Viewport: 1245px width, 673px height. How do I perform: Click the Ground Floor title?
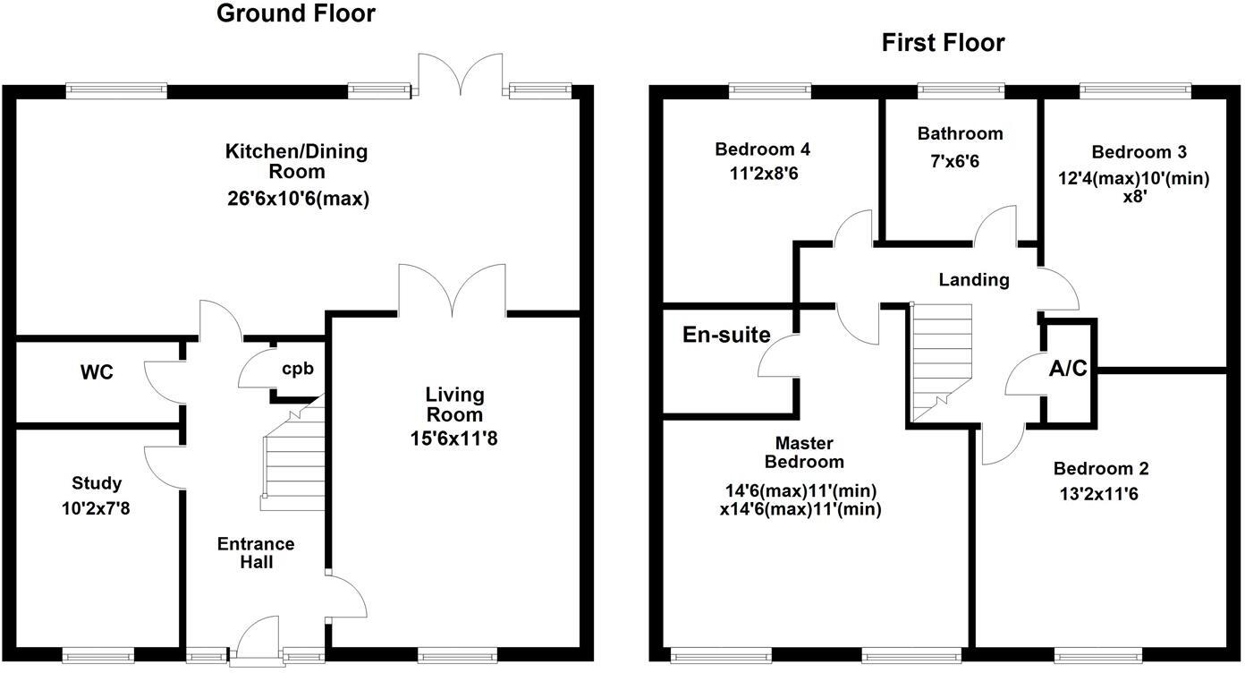[296, 14]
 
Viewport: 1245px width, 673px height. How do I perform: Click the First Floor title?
[943, 43]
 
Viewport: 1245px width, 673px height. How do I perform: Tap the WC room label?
[97, 372]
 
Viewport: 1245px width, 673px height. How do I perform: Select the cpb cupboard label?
[298, 368]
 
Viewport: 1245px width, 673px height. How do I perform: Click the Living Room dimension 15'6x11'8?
[454, 439]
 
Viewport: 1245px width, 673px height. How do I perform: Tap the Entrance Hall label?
[256, 552]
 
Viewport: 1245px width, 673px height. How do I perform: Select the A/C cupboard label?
[1069, 368]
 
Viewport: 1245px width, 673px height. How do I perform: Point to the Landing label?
[973, 280]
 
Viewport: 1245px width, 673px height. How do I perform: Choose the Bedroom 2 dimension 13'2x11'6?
[1100, 493]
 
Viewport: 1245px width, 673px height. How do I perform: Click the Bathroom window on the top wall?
[961, 90]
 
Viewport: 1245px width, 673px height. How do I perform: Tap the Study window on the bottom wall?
[98, 655]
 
